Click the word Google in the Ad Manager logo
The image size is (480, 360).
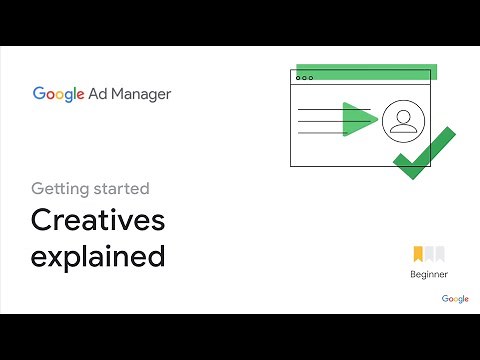(x=58, y=95)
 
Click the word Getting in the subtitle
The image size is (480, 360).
(x=59, y=187)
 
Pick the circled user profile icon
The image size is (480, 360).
(x=402, y=120)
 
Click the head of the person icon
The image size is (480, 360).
(x=402, y=114)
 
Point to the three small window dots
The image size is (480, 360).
(x=304, y=77)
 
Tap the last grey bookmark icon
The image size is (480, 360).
(x=440, y=254)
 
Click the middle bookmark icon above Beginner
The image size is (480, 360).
(x=430, y=254)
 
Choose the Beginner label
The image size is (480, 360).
(x=429, y=274)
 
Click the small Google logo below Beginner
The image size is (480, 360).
(x=455, y=298)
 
